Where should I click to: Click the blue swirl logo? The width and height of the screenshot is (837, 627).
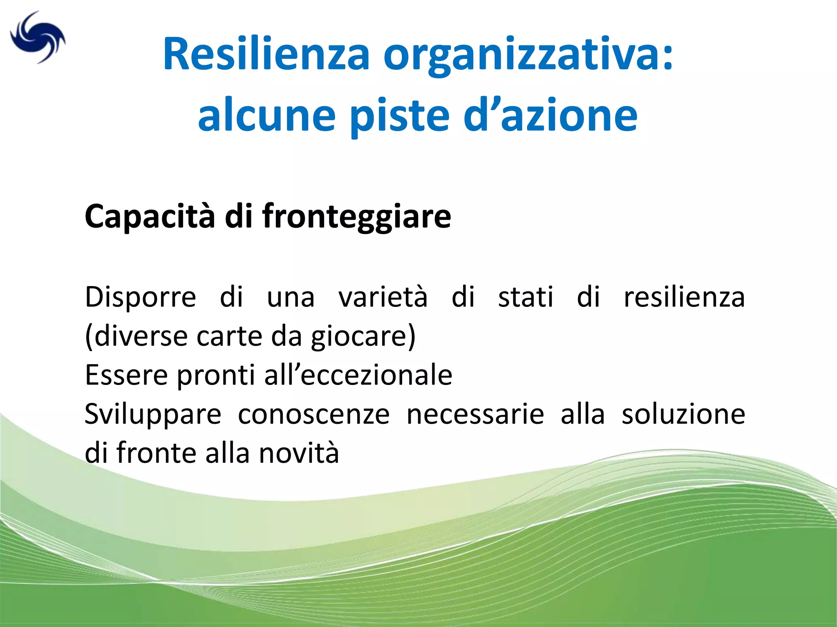[38, 38]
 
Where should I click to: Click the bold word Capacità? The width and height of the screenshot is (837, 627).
[150, 216]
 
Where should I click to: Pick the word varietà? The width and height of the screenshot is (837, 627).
[383, 297]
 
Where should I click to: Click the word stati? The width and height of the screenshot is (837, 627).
[526, 297]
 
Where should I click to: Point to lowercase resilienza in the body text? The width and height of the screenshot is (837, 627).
[684, 297]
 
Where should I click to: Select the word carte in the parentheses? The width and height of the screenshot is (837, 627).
[229, 336]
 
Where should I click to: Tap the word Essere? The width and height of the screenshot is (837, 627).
[126, 375]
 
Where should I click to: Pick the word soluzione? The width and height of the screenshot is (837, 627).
[683, 414]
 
